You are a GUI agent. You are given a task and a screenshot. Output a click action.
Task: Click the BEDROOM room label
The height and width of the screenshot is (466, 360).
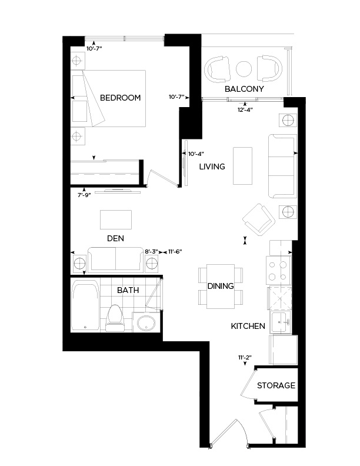120,98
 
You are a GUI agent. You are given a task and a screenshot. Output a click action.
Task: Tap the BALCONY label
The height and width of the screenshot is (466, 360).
244,89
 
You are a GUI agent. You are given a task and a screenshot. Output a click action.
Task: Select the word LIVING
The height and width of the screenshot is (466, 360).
212,167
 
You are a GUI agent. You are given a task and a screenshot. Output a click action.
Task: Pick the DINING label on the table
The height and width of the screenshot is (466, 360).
221,286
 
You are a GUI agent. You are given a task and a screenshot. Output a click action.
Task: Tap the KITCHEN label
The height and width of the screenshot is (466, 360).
248,326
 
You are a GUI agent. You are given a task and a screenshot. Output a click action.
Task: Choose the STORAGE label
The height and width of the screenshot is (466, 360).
276,385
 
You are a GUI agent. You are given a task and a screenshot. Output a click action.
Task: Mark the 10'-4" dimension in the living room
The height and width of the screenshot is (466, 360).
195,154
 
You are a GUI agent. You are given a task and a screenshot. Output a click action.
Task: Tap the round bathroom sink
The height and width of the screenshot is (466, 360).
145,322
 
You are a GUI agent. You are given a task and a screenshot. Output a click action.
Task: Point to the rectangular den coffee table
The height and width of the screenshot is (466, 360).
116,219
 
